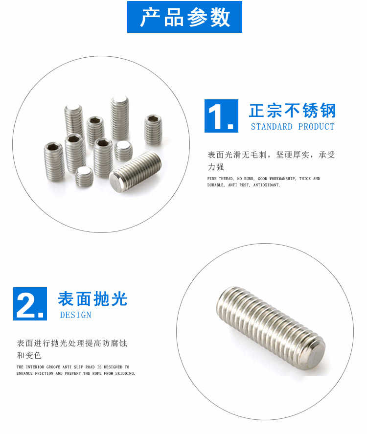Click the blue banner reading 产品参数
(184, 17)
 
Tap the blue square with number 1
(221, 116)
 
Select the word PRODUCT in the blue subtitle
(316, 127)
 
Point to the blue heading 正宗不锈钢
(293, 111)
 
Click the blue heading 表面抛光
(92, 298)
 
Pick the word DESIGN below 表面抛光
(76, 315)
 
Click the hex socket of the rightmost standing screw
(153, 119)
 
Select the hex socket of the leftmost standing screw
(53, 146)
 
